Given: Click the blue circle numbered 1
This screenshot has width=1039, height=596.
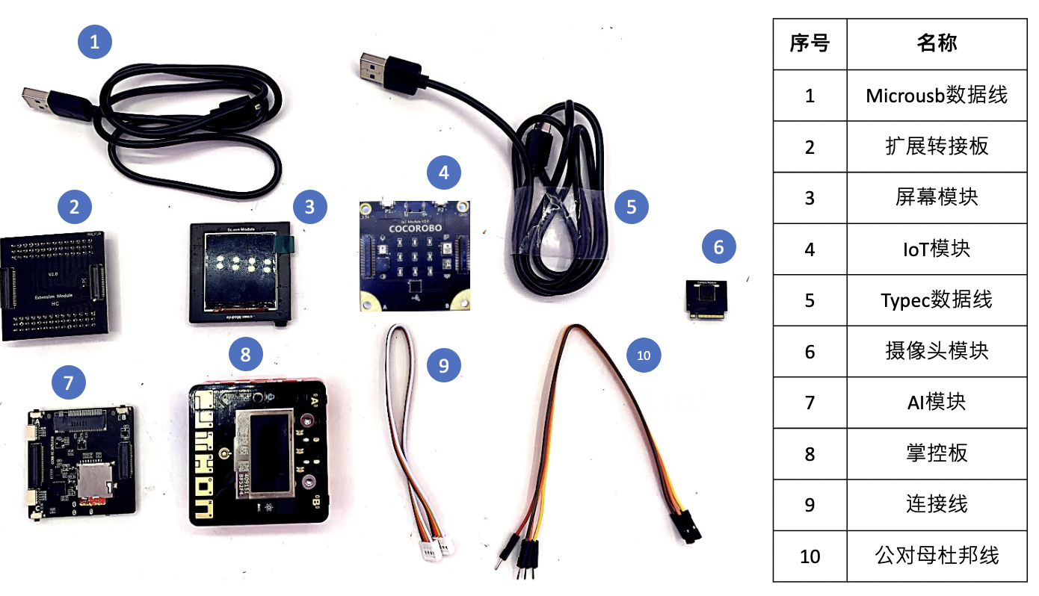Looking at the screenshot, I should click(x=95, y=43).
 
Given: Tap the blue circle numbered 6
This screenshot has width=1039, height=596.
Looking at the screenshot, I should click(x=719, y=246).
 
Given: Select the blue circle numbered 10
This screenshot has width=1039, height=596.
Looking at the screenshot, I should click(x=644, y=356).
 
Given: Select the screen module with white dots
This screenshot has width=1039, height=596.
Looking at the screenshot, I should click(x=238, y=272).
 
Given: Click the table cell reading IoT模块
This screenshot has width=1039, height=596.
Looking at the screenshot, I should click(x=936, y=249).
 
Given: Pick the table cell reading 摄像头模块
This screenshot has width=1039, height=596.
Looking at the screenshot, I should click(x=936, y=350).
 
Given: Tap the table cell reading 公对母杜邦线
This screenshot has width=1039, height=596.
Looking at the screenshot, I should click(x=936, y=556).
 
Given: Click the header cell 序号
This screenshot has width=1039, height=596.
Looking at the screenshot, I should click(x=810, y=43).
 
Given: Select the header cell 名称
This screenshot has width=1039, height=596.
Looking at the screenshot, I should click(x=936, y=43).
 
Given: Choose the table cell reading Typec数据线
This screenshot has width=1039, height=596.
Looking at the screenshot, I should click(x=936, y=299).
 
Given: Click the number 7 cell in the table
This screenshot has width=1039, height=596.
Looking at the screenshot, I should click(x=810, y=402).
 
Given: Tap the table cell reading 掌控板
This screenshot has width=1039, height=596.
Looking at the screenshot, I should click(x=936, y=453).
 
